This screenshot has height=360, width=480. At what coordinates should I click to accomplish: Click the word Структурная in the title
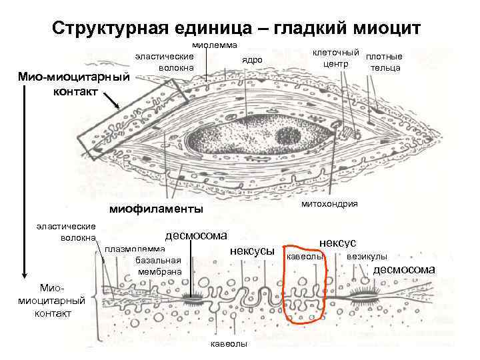(x=104, y=28)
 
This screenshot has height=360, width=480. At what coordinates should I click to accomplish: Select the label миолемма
(x=215, y=45)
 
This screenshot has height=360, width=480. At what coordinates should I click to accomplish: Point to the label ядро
(x=252, y=60)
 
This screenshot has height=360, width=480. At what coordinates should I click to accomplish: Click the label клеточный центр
(x=336, y=58)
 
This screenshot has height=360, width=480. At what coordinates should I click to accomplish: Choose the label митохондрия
(x=329, y=203)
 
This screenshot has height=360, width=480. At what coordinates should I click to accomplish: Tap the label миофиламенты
(x=157, y=209)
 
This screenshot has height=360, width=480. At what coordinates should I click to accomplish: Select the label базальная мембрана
(x=157, y=265)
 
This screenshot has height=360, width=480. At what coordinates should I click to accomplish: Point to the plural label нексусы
(x=251, y=251)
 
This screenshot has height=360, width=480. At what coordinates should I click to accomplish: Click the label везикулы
(x=367, y=256)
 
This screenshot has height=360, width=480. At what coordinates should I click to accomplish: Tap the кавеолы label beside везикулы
(x=305, y=256)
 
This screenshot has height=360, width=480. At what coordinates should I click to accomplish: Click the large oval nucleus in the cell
(x=260, y=137)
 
